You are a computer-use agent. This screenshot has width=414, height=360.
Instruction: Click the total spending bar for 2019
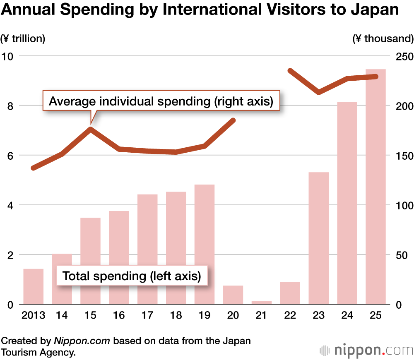205,244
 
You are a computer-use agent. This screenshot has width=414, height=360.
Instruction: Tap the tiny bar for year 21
262,302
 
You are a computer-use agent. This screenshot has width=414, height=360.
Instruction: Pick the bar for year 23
319,238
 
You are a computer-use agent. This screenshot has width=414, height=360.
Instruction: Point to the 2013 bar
34,286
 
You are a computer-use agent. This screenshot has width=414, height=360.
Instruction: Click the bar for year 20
233,295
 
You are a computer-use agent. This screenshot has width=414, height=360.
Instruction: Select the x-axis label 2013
33,316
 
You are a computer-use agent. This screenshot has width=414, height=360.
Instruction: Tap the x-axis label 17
147,316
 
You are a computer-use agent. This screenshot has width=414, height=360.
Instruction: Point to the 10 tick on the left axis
8,56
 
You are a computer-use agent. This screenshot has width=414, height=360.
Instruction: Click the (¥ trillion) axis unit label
23,39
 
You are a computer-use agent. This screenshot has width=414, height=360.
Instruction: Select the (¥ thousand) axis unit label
383,39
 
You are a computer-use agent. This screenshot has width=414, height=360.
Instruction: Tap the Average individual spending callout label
161,101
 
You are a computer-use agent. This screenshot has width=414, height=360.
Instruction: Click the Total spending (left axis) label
131,276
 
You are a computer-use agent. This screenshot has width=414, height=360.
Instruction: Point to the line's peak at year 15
90,129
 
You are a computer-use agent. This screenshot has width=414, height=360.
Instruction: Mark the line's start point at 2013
34,168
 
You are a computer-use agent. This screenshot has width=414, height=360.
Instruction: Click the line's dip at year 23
318,92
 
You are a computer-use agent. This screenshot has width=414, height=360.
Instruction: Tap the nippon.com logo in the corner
367,350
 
